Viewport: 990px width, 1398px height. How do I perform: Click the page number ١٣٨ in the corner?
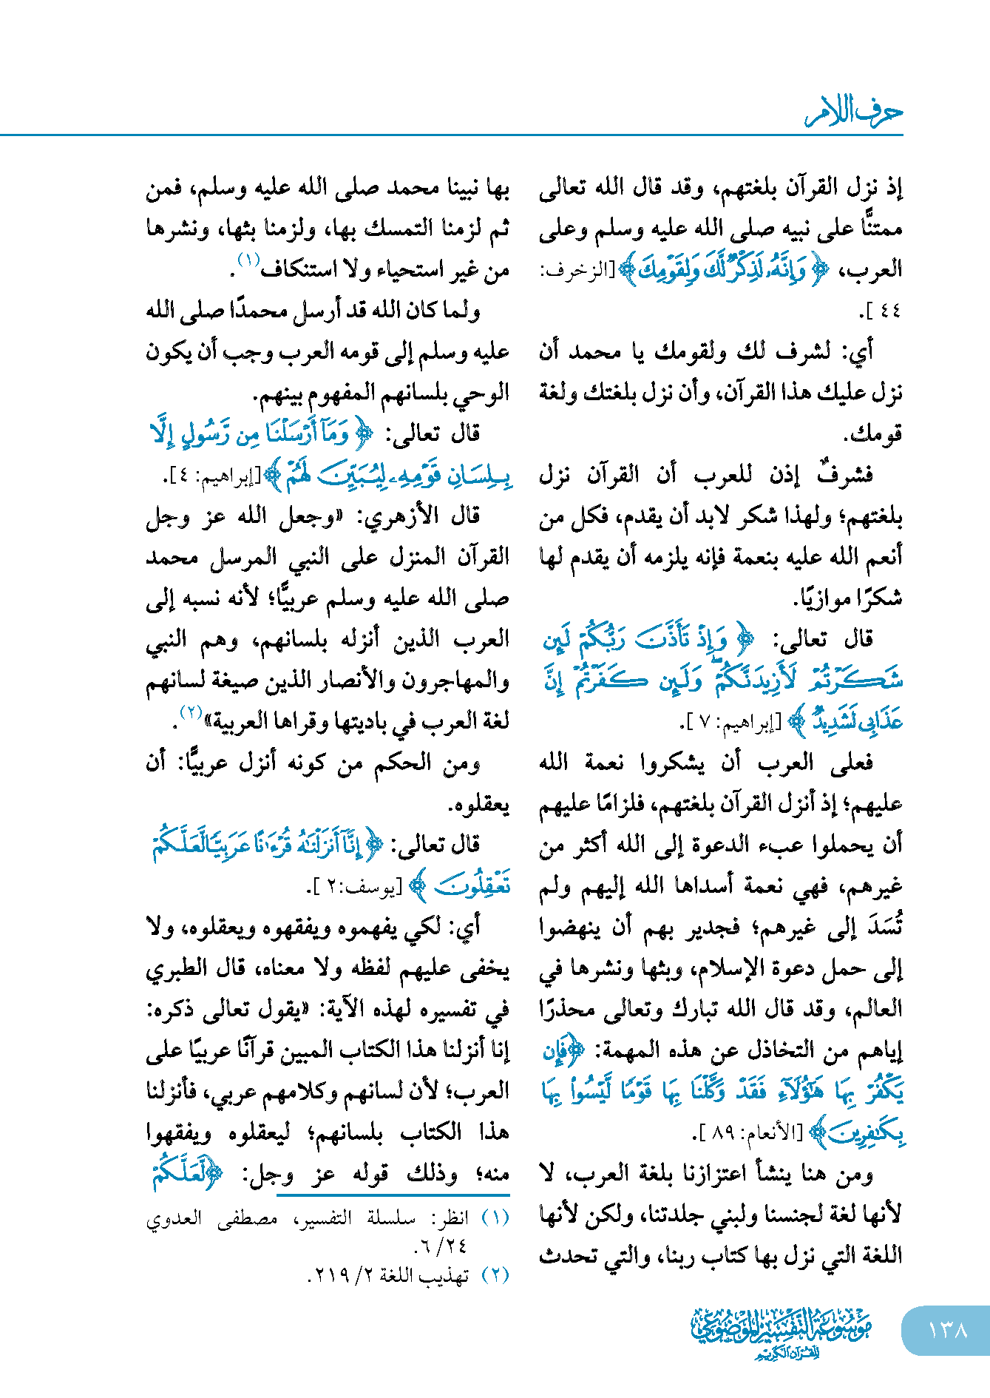point(947,1330)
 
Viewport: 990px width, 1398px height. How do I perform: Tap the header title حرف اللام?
point(854,112)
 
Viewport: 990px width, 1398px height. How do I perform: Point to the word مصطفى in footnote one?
point(248,1218)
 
